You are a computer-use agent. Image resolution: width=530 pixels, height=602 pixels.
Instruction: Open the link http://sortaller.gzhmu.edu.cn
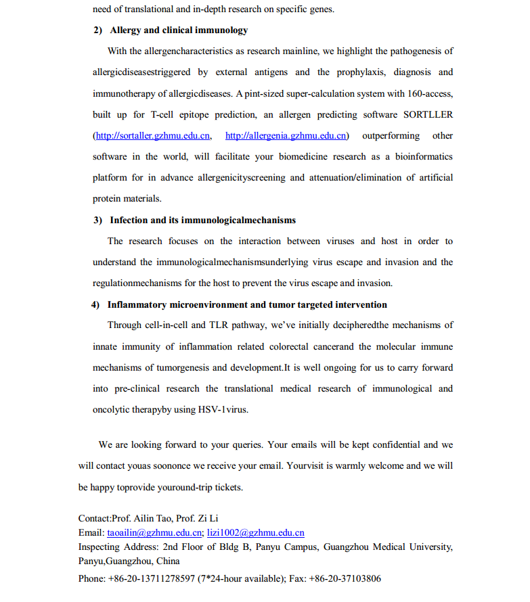(x=153, y=136)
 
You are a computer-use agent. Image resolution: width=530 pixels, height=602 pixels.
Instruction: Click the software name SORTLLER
(x=428, y=114)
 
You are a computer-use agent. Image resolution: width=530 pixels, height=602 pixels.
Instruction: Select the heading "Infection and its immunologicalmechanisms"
(x=202, y=220)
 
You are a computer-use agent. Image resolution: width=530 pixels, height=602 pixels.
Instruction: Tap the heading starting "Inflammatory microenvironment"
(x=247, y=304)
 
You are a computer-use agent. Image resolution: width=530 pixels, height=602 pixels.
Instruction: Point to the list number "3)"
(x=97, y=220)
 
